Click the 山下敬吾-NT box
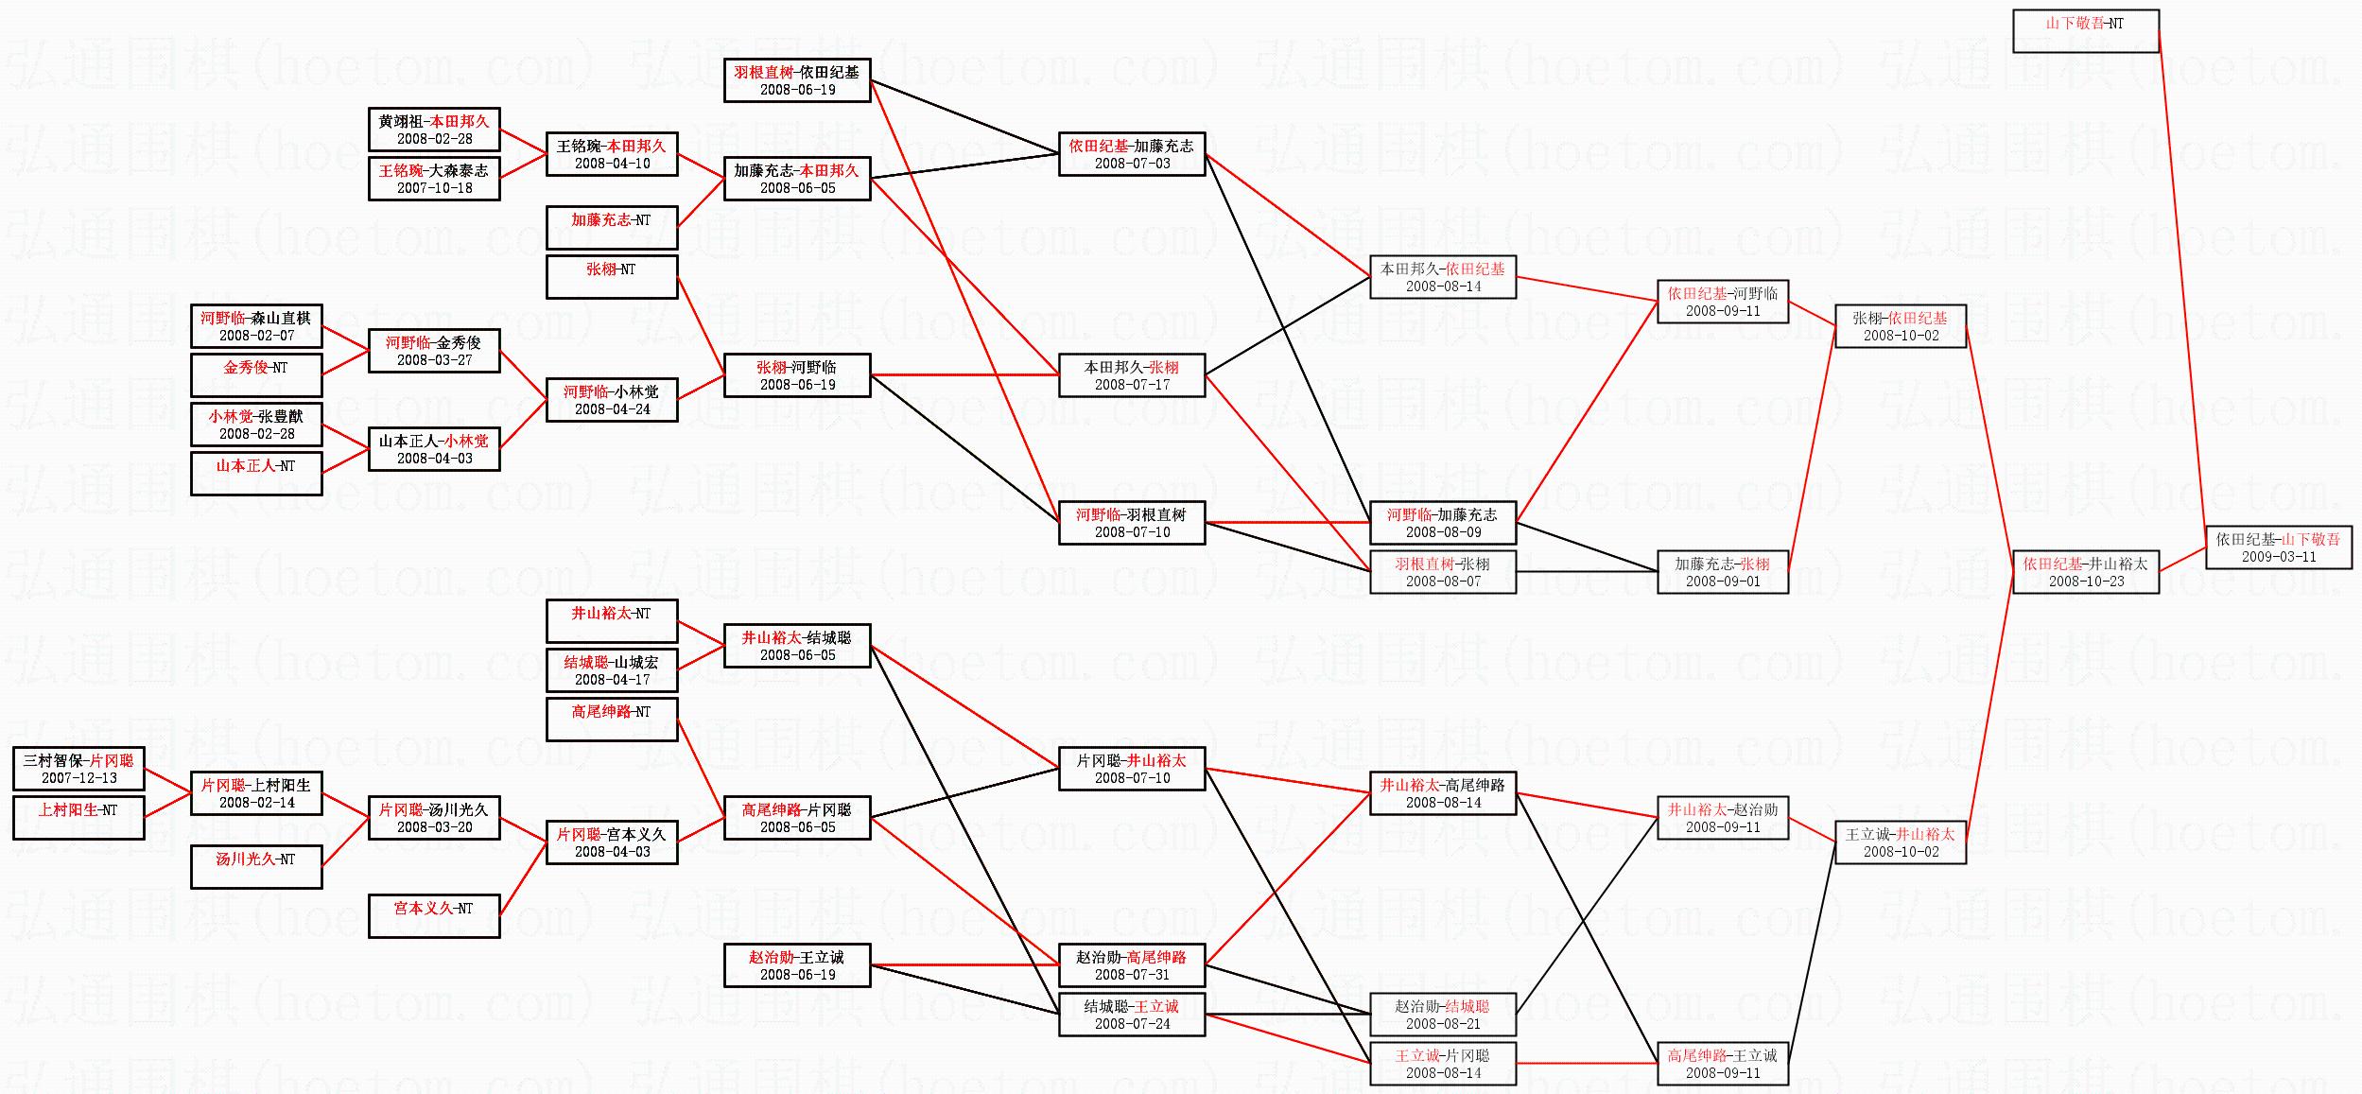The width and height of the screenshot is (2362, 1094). [x=2085, y=31]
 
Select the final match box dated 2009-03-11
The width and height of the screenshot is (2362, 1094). [x=2278, y=548]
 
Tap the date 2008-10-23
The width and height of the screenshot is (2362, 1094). [x=2086, y=582]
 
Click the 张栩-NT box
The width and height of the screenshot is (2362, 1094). [x=612, y=277]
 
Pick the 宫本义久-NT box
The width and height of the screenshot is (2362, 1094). [x=434, y=916]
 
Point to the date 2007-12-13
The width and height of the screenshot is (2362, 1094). [x=79, y=778]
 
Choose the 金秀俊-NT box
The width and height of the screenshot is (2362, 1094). [x=256, y=375]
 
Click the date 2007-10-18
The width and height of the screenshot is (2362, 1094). [x=434, y=188]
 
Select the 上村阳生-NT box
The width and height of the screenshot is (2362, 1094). [x=78, y=818]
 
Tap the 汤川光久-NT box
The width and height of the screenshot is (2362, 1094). [x=256, y=867]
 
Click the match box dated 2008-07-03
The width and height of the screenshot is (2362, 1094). [x=1132, y=154]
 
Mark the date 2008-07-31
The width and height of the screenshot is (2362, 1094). [x=1132, y=975]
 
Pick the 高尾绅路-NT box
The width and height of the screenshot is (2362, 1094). [x=612, y=720]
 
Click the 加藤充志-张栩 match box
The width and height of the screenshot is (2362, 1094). [x=1722, y=572]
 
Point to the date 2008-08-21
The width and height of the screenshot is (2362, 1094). [x=1443, y=1024]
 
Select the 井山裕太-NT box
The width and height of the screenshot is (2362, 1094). [x=612, y=621]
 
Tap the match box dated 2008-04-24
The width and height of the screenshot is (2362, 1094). [x=612, y=400]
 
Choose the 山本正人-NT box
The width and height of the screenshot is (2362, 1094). [x=256, y=474]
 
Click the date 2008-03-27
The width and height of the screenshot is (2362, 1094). [x=434, y=360]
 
